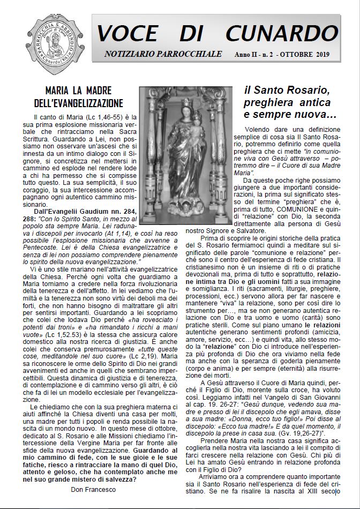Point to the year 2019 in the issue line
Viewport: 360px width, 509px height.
[320, 55]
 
